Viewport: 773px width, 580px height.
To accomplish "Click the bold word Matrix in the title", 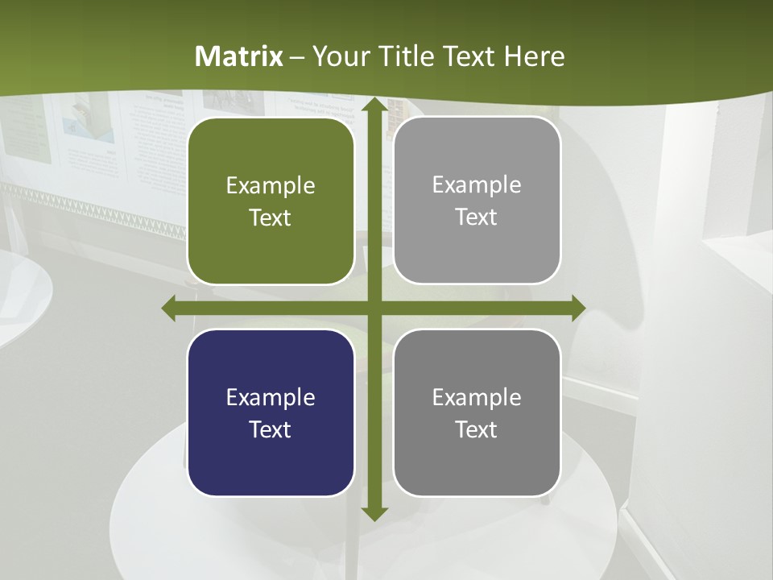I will [x=239, y=56].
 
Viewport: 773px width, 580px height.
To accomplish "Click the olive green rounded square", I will [x=271, y=201].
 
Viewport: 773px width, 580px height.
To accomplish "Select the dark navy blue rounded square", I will [x=271, y=412].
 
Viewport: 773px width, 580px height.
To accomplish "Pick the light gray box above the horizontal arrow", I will [x=477, y=200].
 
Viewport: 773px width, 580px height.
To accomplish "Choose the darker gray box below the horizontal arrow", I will [x=477, y=412].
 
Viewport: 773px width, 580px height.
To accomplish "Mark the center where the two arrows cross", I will [x=374, y=309].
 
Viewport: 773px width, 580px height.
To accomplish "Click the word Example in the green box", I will [x=271, y=186].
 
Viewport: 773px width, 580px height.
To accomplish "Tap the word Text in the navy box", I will [x=271, y=429].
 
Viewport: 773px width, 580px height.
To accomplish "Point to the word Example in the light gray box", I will [x=477, y=185].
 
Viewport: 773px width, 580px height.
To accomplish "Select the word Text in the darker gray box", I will [x=477, y=429].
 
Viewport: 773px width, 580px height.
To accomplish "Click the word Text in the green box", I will [x=271, y=217].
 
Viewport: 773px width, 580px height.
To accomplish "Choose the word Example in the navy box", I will [x=271, y=397].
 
